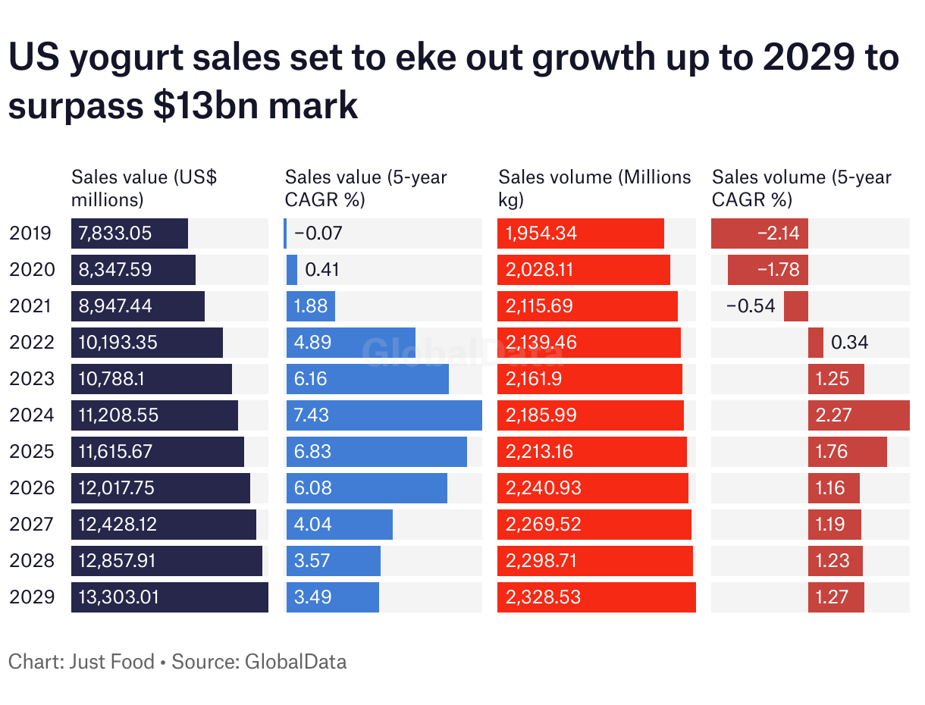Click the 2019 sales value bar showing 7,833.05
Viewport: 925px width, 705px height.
(x=130, y=233)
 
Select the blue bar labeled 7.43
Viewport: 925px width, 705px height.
(x=384, y=415)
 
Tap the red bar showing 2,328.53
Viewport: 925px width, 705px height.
(x=597, y=597)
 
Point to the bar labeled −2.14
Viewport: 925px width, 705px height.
(x=759, y=233)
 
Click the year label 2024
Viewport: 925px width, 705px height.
(x=32, y=415)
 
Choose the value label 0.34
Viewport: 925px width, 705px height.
(x=849, y=343)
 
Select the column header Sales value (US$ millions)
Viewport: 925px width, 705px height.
(x=144, y=189)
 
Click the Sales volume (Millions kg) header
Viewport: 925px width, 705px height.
(x=594, y=189)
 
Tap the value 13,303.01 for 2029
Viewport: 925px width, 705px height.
(x=119, y=597)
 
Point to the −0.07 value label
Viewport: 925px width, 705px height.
(x=318, y=233)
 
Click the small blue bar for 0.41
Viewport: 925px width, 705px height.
(x=292, y=270)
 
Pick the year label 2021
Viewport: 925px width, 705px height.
(x=32, y=306)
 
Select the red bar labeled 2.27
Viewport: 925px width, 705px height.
(x=858, y=415)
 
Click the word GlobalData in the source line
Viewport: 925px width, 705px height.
(x=296, y=662)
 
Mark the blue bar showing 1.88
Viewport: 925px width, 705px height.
(x=311, y=306)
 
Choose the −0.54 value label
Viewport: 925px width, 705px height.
(x=751, y=306)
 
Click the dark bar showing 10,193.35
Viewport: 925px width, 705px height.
(x=147, y=343)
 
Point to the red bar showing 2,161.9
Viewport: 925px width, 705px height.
(x=590, y=379)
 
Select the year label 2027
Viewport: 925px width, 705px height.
(x=32, y=525)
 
